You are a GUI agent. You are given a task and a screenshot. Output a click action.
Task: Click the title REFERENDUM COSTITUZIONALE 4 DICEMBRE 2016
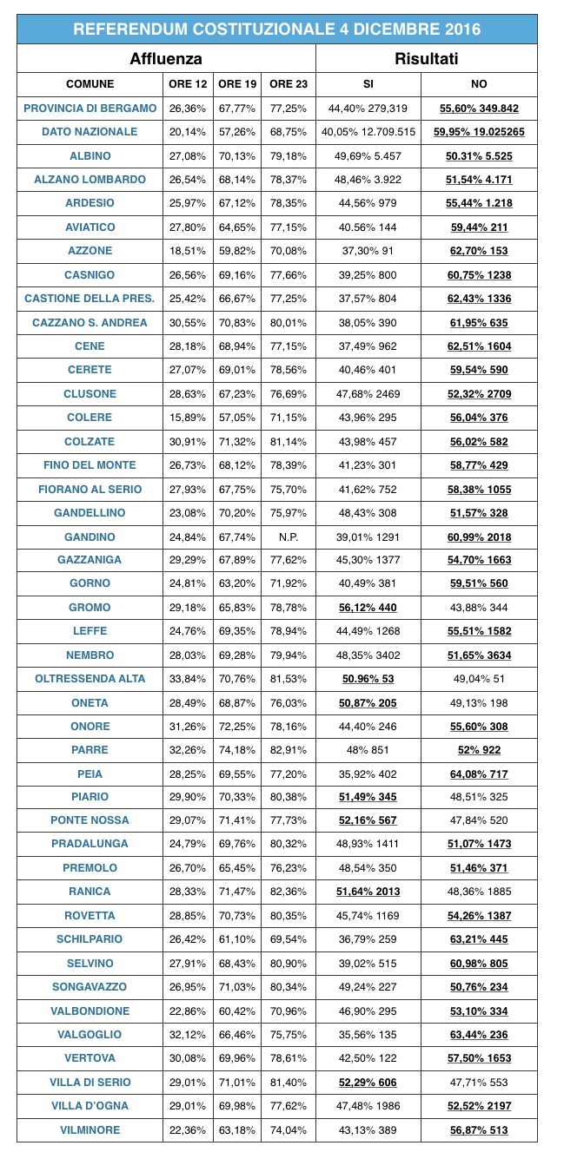pyautogui.click(x=276, y=30)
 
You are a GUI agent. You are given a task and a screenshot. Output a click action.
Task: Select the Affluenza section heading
pyautogui.click(x=166, y=59)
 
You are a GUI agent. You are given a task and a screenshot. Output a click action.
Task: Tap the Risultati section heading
pyautogui.click(x=426, y=59)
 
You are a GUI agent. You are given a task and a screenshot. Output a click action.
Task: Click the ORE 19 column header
pyautogui.click(x=237, y=84)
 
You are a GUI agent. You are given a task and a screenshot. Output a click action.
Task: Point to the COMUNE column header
pyautogui.click(x=90, y=84)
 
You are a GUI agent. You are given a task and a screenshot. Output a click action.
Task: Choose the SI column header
pyautogui.click(x=368, y=84)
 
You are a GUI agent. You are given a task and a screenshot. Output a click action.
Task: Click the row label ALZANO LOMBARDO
pyautogui.click(x=90, y=179)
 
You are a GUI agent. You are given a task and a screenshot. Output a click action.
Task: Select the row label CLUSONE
pyautogui.click(x=90, y=393)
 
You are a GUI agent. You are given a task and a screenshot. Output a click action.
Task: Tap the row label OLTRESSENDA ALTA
pyautogui.click(x=90, y=679)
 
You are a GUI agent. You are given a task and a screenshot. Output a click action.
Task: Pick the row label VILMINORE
pyautogui.click(x=90, y=1129)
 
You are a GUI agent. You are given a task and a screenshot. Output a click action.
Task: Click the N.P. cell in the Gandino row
pyautogui.click(x=289, y=537)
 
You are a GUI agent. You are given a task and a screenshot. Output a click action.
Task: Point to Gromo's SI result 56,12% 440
pyautogui.click(x=368, y=608)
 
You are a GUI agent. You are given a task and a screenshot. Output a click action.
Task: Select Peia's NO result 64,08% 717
pyautogui.click(x=478, y=774)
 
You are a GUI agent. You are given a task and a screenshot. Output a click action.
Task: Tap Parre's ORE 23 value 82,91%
pyautogui.click(x=289, y=750)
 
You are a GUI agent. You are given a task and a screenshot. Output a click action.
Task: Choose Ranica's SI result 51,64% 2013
pyautogui.click(x=368, y=892)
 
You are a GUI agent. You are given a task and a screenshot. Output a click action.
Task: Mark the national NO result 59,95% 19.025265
pyautogui.click(x=478, y=132)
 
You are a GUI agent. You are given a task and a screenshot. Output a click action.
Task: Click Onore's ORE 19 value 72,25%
pyautogui.click(x=237, y=726)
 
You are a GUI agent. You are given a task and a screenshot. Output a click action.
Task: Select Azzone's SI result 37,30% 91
pyautogui.click(x=368, y=251)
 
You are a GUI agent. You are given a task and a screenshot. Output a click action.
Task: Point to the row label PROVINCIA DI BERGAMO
pyautogui.click(x=90, y=109)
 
